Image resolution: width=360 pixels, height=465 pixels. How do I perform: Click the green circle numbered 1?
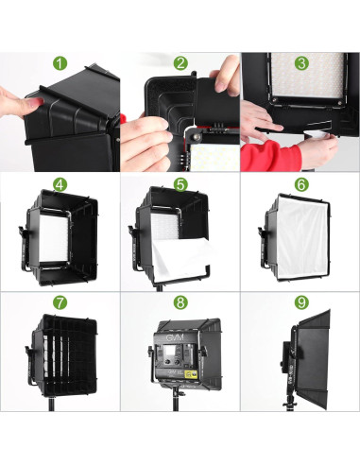(x=60, y=64)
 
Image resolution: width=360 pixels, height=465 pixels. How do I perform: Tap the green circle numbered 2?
(x=180, y=64)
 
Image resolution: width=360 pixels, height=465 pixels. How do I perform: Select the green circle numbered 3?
(x=300, y=64)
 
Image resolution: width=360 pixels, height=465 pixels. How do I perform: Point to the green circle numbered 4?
(x=60, y=184)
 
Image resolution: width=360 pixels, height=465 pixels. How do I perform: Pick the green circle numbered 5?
(x=180, y=184)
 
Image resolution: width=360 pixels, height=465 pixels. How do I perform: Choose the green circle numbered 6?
(x=300, y=184)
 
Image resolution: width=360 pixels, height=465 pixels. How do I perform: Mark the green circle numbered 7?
(x=60, y=305)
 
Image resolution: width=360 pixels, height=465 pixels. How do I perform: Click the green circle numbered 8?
(x=180, y=305)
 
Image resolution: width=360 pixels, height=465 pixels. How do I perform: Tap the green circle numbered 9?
(x=300, y=305)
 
